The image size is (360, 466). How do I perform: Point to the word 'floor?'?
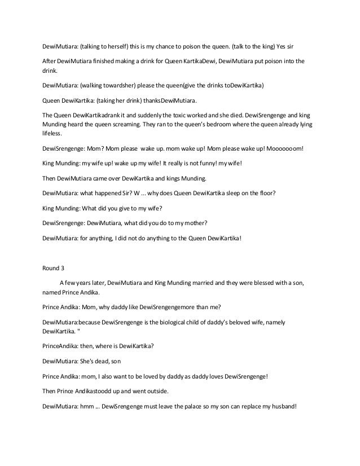pos(264,194)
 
